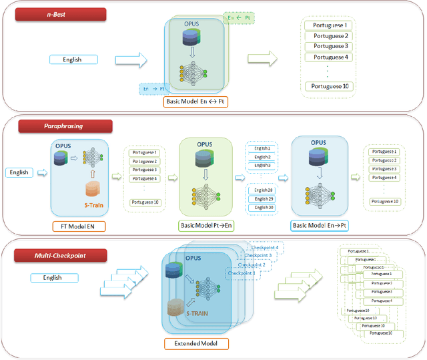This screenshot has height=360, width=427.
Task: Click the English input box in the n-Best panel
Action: coord(73,59)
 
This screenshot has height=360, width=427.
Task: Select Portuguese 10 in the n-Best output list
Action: coord(328,86)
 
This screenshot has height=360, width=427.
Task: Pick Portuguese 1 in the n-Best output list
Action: coord(328,25)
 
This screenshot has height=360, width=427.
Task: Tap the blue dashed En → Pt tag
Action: coord(155,88)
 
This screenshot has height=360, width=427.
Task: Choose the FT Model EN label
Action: coord(78,226)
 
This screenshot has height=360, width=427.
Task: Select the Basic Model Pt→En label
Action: coord(205,226)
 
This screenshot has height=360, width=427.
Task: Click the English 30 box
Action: coord(262,208)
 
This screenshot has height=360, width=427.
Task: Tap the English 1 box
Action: coord(262,148)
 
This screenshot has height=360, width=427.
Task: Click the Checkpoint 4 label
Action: coord(263,248)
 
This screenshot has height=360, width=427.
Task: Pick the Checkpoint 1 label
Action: coord(240,273)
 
